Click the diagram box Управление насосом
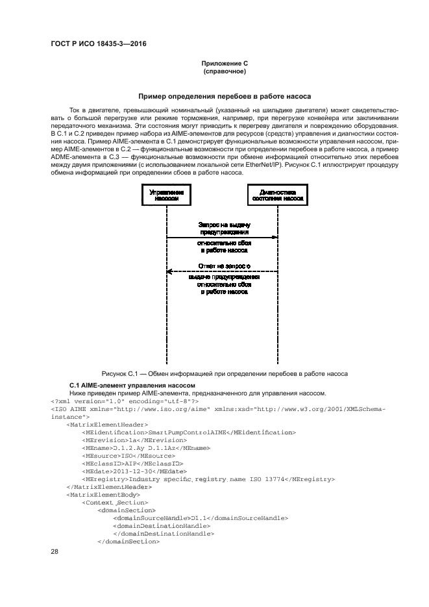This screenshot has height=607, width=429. [x=166, y=195]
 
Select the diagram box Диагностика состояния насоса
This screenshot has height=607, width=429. [x=279, y=195]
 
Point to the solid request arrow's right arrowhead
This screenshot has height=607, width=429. [x=276, y=237]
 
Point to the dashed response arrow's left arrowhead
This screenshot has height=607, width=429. [x=169, y=271]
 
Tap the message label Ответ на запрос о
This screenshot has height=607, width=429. [x=225, y=266]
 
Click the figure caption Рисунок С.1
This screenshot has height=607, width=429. [x=225, y=373]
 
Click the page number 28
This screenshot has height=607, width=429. [x=55, y=552]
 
